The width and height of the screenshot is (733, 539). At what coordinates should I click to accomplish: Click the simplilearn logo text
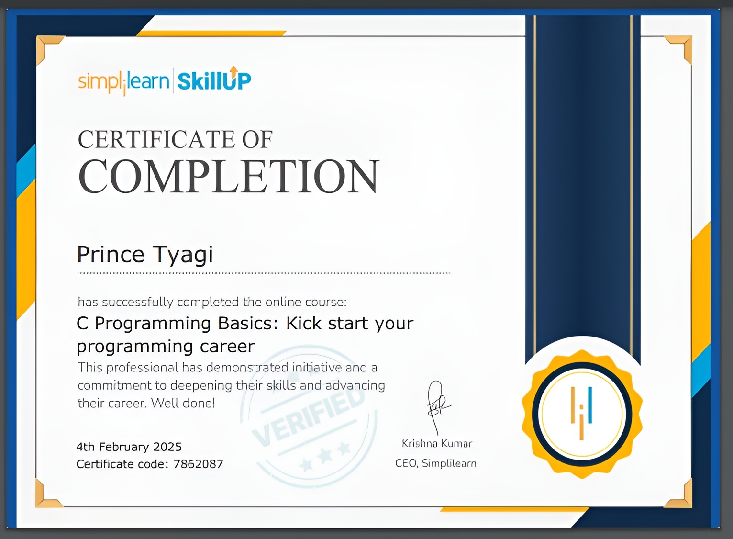pyautogui.click(x=123, y=81)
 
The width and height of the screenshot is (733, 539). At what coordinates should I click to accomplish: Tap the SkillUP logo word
pyautogui.click(x=214, y=81)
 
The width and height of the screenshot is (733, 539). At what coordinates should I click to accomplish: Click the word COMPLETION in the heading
pyautogui.click(x=229, y=177)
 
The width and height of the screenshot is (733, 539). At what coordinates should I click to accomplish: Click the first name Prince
pyautogui.click(x=111, y=254)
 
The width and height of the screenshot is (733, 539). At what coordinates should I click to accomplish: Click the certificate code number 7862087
pyautogui.click(x=198, y=464)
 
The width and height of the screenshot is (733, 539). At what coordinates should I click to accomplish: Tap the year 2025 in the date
pyautogui.click(x=167, y=447)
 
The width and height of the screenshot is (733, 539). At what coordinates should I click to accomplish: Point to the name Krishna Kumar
pyautogui.click(x=437, y=444)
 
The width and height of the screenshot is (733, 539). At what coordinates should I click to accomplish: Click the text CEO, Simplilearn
pyautogui.click(x=435, y=463)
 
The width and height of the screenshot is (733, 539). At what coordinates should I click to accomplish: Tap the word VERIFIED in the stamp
pyautogui.click(x=309, y=416)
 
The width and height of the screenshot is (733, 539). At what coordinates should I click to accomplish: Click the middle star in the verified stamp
pyautogui.click(x=325, y=455)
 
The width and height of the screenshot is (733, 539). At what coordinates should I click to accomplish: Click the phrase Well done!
pyautogui.click(x=183, y=403)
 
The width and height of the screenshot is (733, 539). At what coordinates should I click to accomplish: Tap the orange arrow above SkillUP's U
pyautogui.click(x=233, y=71)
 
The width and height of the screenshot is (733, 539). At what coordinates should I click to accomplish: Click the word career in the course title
pyautogui.click(x=227, y=346)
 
